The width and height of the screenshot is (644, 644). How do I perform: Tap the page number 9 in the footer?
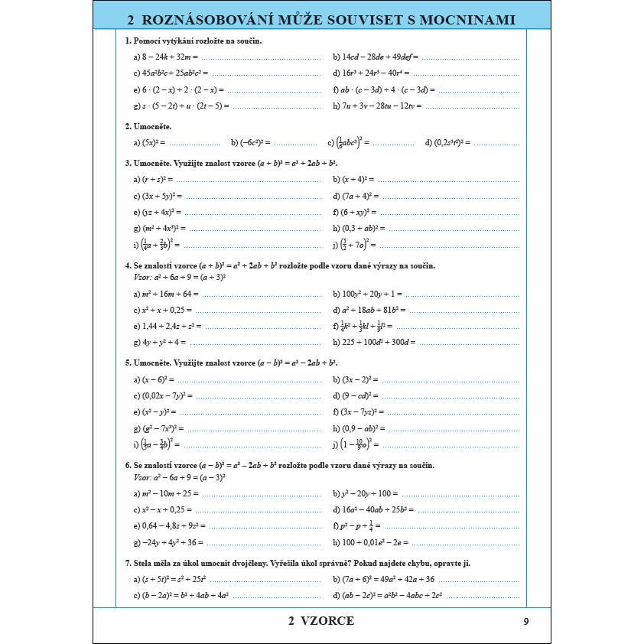525,621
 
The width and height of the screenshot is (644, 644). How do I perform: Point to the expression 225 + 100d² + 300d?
375,342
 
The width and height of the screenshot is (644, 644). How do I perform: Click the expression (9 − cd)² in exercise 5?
356,395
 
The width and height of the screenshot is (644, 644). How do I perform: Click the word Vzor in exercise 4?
141,277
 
